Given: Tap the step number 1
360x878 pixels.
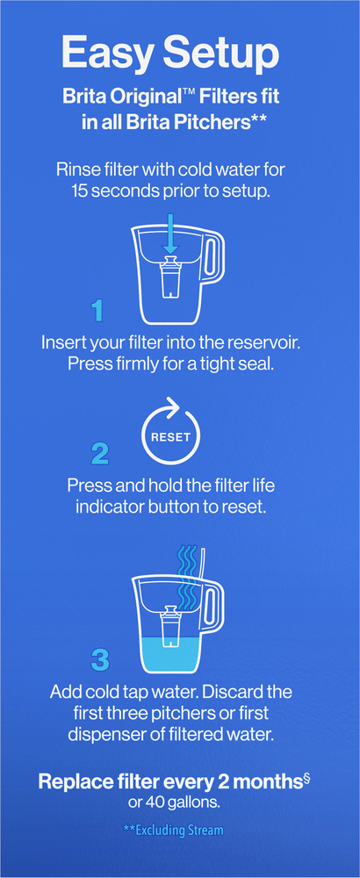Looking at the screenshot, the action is [x=98, y=310].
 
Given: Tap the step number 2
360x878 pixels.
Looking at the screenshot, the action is [x=99, y=454].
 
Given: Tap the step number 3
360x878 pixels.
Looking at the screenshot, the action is [x=99, y=661].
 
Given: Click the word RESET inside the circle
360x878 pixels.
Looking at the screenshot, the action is [x=170, y=436].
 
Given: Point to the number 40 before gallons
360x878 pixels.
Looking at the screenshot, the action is [x=155, y=802].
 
